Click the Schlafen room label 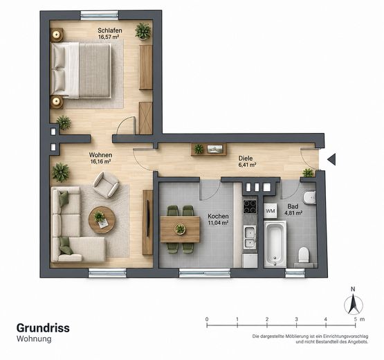click(x=110, y=30)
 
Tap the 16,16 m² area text click(x=100, y=161)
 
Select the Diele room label click(x=246, y=159)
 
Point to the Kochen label click(x=218, y=216)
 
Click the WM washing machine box click(x=271, y=210)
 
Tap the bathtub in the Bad click(x=275, y=244)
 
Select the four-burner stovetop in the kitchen click(x=250, y=206)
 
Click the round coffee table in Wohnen click(x=102, y=220)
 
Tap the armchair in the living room click(x=106, y=185)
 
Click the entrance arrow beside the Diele click(x=331, y=159)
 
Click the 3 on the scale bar click(x=296, y=319)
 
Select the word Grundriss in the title click(x=43, y=328)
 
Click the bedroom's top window click(x=100, y=15)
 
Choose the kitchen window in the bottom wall click(x=205, y=273)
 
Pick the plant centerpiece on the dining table click(x=180, y=229)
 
